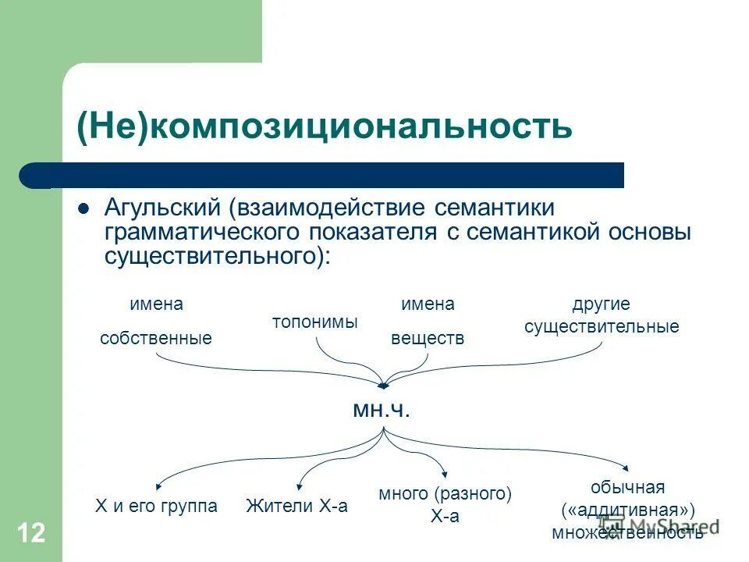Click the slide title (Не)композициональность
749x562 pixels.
pyautogui.click(x=324, y=126)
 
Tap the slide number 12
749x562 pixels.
pyautogui.click(x=30, y=533)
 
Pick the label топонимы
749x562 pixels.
pyautogui.click(x=314, y=322)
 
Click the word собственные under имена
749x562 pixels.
pyautogui.click(x=156, y=339)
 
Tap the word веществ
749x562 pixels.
pyautogui.click(x=427, y=339)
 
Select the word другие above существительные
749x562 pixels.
pyautogui.click(x=601, y=304)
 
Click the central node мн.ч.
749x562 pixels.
pyautogui.click(x=382, y=410)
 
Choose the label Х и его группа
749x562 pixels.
pyautogui.click(x=156, y=506)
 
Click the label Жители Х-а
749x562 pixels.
pyautogui.click(x=296, y=506)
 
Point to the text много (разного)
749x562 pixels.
pyautogui.click(x=445, y=493)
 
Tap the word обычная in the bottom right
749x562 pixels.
pyautogui.click(x=627, y=488)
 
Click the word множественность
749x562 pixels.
pyautogui.click(x=627, y=532)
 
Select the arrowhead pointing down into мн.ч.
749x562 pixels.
pyautogui.click(x=383, y=385)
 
